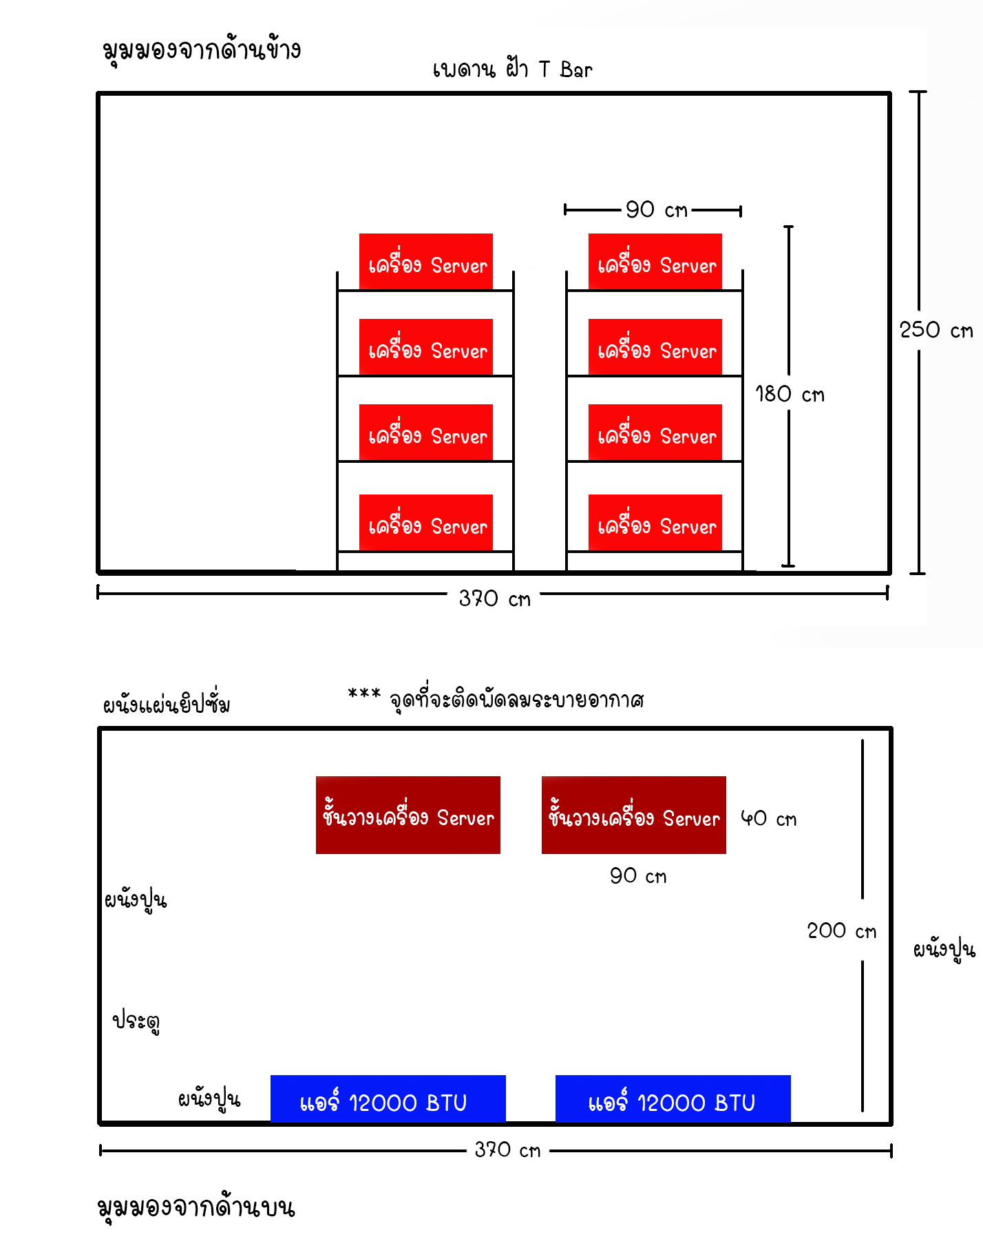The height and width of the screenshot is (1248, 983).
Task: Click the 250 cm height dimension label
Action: [936, 330]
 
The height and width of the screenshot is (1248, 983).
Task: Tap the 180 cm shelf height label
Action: [790, 394]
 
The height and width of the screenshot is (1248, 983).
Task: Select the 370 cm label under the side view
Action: [495, 598]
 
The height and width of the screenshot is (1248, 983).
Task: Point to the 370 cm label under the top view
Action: [507, 1150]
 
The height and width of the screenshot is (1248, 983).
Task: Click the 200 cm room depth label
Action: [842, 930]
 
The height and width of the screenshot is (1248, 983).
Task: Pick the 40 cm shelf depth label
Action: [768, 818]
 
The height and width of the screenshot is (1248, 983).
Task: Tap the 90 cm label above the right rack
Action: [657, 209]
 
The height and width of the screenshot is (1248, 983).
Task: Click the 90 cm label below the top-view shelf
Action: [638, 875]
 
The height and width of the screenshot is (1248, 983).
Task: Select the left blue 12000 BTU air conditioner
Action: [388, 1099]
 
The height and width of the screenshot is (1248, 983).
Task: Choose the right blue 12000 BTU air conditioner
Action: [673, 1099]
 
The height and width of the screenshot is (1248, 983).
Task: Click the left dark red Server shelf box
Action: [408, 815]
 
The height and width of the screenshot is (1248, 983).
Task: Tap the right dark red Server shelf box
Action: [634, 815]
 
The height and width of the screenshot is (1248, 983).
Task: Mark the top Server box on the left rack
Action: [426, 262]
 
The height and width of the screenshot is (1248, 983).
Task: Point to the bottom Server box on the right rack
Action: [655, 523]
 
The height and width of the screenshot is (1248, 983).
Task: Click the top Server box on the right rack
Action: [655, 262]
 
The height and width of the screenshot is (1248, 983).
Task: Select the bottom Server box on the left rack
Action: [426, 523]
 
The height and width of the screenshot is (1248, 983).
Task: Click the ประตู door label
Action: [136, 1021]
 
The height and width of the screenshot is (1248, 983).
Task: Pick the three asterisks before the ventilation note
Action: [364, 693]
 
